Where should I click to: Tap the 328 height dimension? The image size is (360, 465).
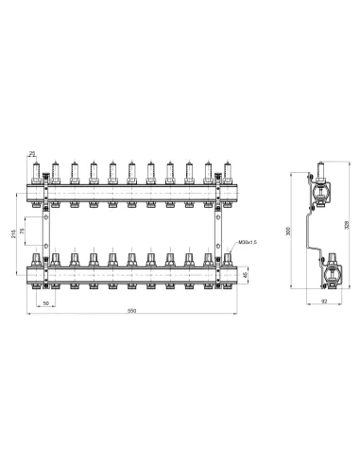(348, 227)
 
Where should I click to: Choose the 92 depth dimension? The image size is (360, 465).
(324, 302)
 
